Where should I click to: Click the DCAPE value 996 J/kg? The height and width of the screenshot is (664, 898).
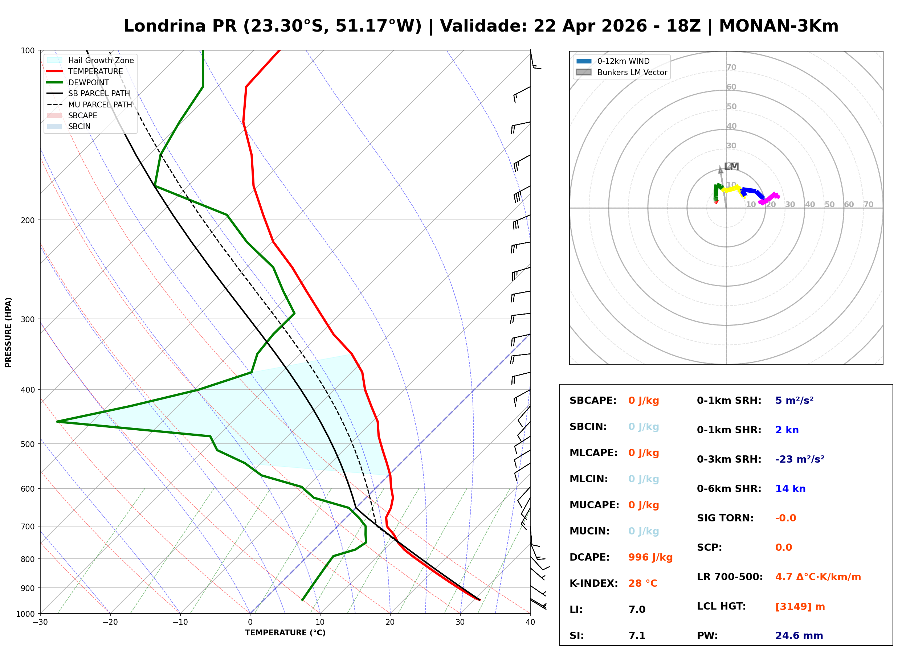coord(650,557)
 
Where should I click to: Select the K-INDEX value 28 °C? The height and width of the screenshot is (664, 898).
coord(642,583)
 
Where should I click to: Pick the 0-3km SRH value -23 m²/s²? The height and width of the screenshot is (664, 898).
coord(800,459)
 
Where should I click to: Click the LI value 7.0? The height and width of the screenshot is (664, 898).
coord(637,609)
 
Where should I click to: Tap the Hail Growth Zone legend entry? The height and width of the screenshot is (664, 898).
coord(101,60)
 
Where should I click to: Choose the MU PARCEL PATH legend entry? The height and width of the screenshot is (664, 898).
coord(100,104)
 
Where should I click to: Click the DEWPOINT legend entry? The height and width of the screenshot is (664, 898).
coord(89,82)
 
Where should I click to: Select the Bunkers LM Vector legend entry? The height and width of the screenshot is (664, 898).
coord(632,72)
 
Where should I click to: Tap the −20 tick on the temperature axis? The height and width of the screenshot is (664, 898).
coord(110,622)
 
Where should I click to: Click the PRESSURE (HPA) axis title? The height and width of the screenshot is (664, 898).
coord(8,332)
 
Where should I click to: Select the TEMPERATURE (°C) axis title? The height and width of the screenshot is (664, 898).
coord(285,633)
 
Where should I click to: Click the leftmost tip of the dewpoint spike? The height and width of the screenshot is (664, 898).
coord(57,421)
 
